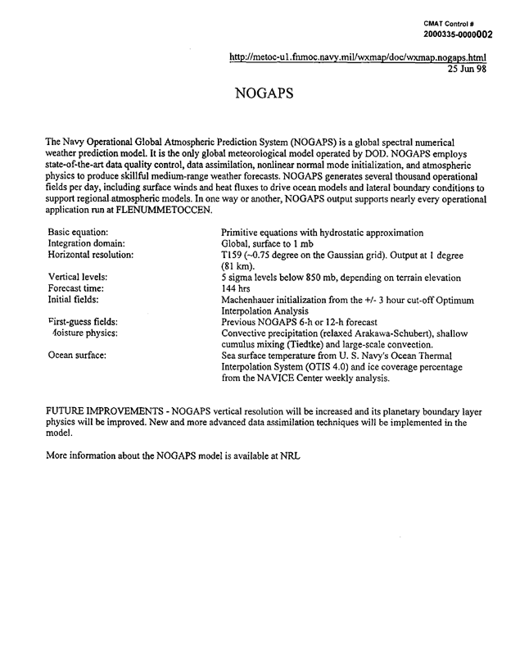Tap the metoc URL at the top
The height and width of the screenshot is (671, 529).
359,58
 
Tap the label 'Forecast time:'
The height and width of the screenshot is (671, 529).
77,289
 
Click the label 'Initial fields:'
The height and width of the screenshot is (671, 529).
75,301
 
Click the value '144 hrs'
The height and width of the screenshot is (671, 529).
238,289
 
